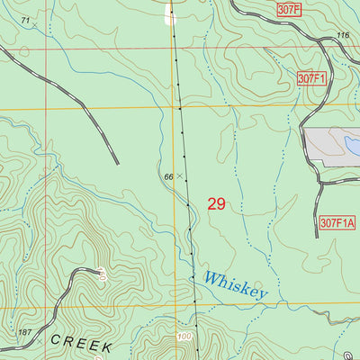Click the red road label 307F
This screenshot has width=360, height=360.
pyautogui.click(x=288, y=9)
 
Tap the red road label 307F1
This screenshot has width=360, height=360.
pyautogui.click(x=311, y=79)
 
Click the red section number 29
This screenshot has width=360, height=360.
pyautogui.click(x=216, y=204)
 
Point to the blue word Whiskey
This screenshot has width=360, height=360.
pyautogui.click(x=235, y=285)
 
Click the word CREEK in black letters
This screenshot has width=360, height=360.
pyautogui.click(x=81, y=346)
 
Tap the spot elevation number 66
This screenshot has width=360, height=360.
pyautogui.click(x=168, y=176)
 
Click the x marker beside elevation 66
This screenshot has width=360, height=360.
pyautogui.click(x=178, y=175)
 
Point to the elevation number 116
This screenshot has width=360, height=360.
pyautogui.click(x=342, y=35)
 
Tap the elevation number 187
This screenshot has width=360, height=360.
pyautogui.click(x=25, y=332)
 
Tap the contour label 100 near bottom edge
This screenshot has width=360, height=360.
pyautogui.click(x=185, y=336)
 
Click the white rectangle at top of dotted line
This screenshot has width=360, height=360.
pyautogui.click(x=170, y=12)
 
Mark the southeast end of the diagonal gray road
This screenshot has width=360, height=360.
pyautogui.click(x=117, y=163)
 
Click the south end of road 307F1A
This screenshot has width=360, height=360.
pyautogui.click(x=317, y=236)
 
